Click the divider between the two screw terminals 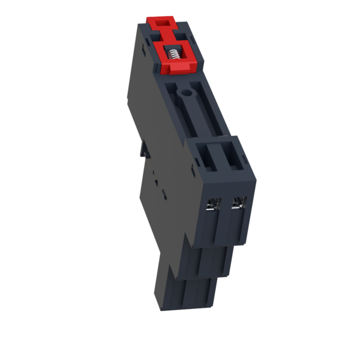tap(226, 207)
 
